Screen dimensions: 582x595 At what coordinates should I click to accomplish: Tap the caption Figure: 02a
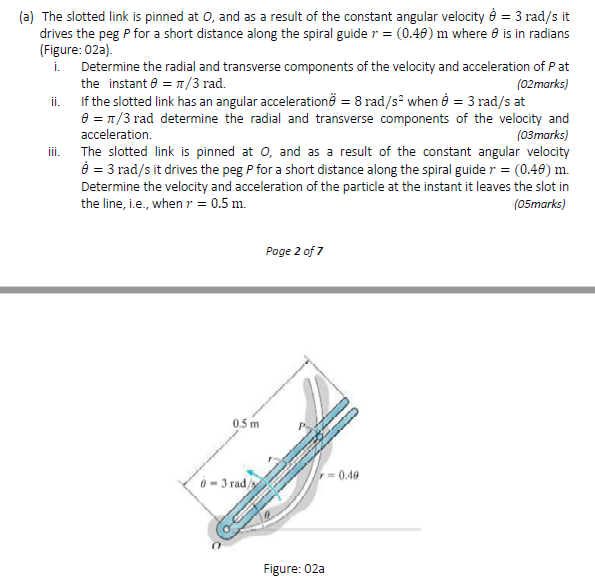click(294, 568)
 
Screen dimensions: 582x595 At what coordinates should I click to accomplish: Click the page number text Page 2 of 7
click(295, 250)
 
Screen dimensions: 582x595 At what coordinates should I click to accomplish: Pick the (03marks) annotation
click(539, 135)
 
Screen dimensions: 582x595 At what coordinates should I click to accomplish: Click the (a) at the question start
click(28, 16)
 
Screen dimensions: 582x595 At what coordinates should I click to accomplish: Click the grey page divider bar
click(297, 290)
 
